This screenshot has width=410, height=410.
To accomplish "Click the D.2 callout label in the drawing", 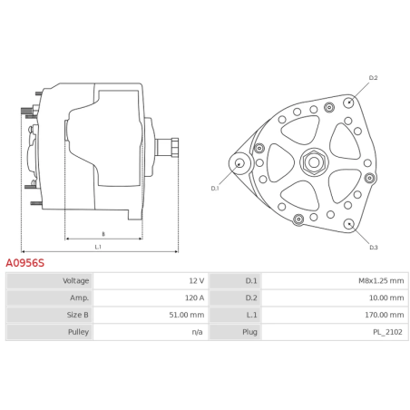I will tap(373, 79).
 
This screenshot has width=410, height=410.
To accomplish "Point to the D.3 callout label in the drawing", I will tap(373, 247).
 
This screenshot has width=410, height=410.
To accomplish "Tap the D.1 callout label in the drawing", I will tap(215, 188).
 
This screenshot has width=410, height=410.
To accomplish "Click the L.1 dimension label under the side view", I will tap(97, 247).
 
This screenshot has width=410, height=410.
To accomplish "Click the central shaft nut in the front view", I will tap(313, 163).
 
